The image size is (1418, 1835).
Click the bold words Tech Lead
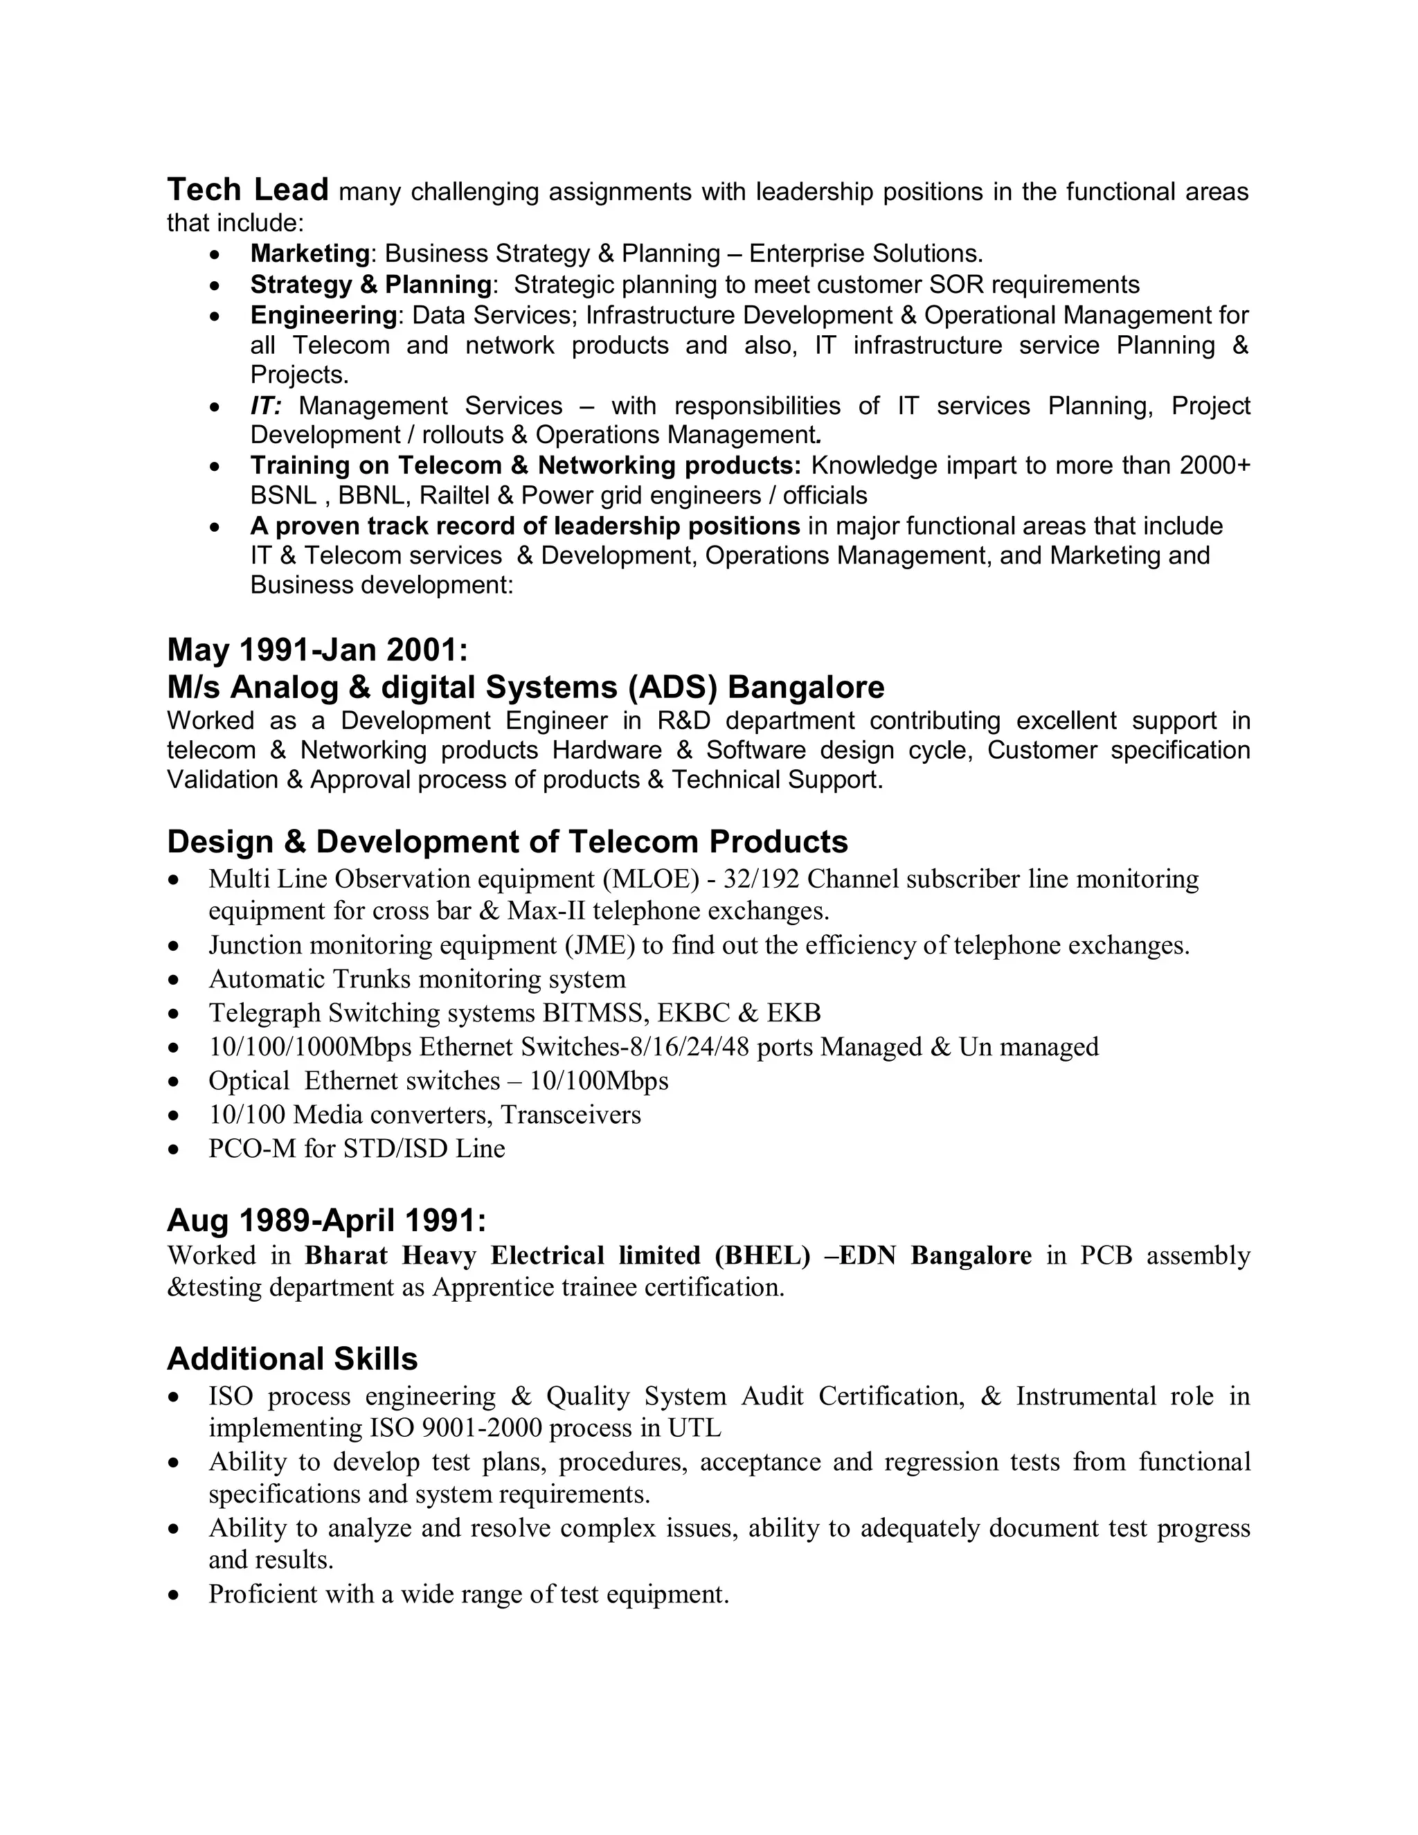247,190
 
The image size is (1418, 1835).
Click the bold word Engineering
323,315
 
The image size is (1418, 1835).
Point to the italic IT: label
265,406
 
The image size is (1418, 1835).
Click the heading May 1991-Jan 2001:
318,650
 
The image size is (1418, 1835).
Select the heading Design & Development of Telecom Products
508,841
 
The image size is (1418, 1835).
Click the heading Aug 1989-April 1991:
326,1219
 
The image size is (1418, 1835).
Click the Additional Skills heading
292,1359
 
